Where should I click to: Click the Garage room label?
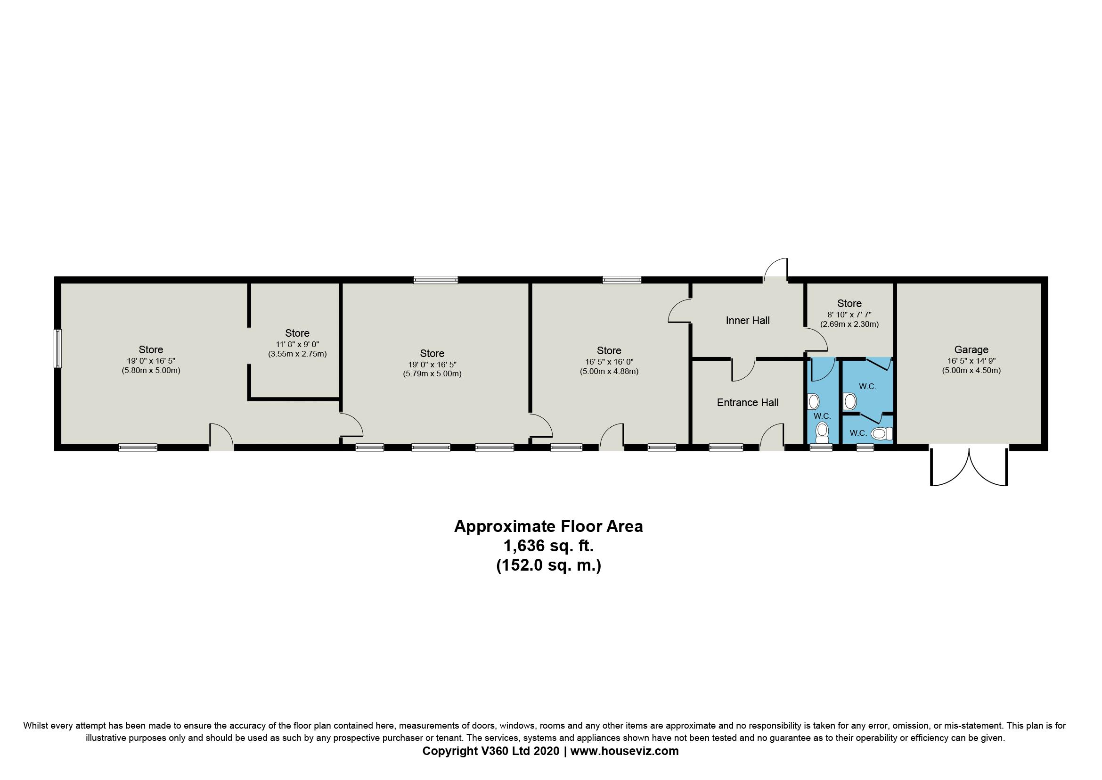[971, 349]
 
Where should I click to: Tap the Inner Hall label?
[747, 320]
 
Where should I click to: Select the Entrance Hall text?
[747, 402]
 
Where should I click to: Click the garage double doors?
[969, 466]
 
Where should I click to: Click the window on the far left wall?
[57, 348]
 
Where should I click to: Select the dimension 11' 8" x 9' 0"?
[297, 344]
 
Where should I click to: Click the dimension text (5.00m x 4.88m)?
[609, 371]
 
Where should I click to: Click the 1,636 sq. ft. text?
[548, 546]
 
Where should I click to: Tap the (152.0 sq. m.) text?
[548, 565]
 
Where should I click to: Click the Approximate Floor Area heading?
[548, 526]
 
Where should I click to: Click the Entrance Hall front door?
[772, 436]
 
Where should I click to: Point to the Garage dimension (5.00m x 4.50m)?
[971, 370]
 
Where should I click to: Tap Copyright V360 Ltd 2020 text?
[490, 751]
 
